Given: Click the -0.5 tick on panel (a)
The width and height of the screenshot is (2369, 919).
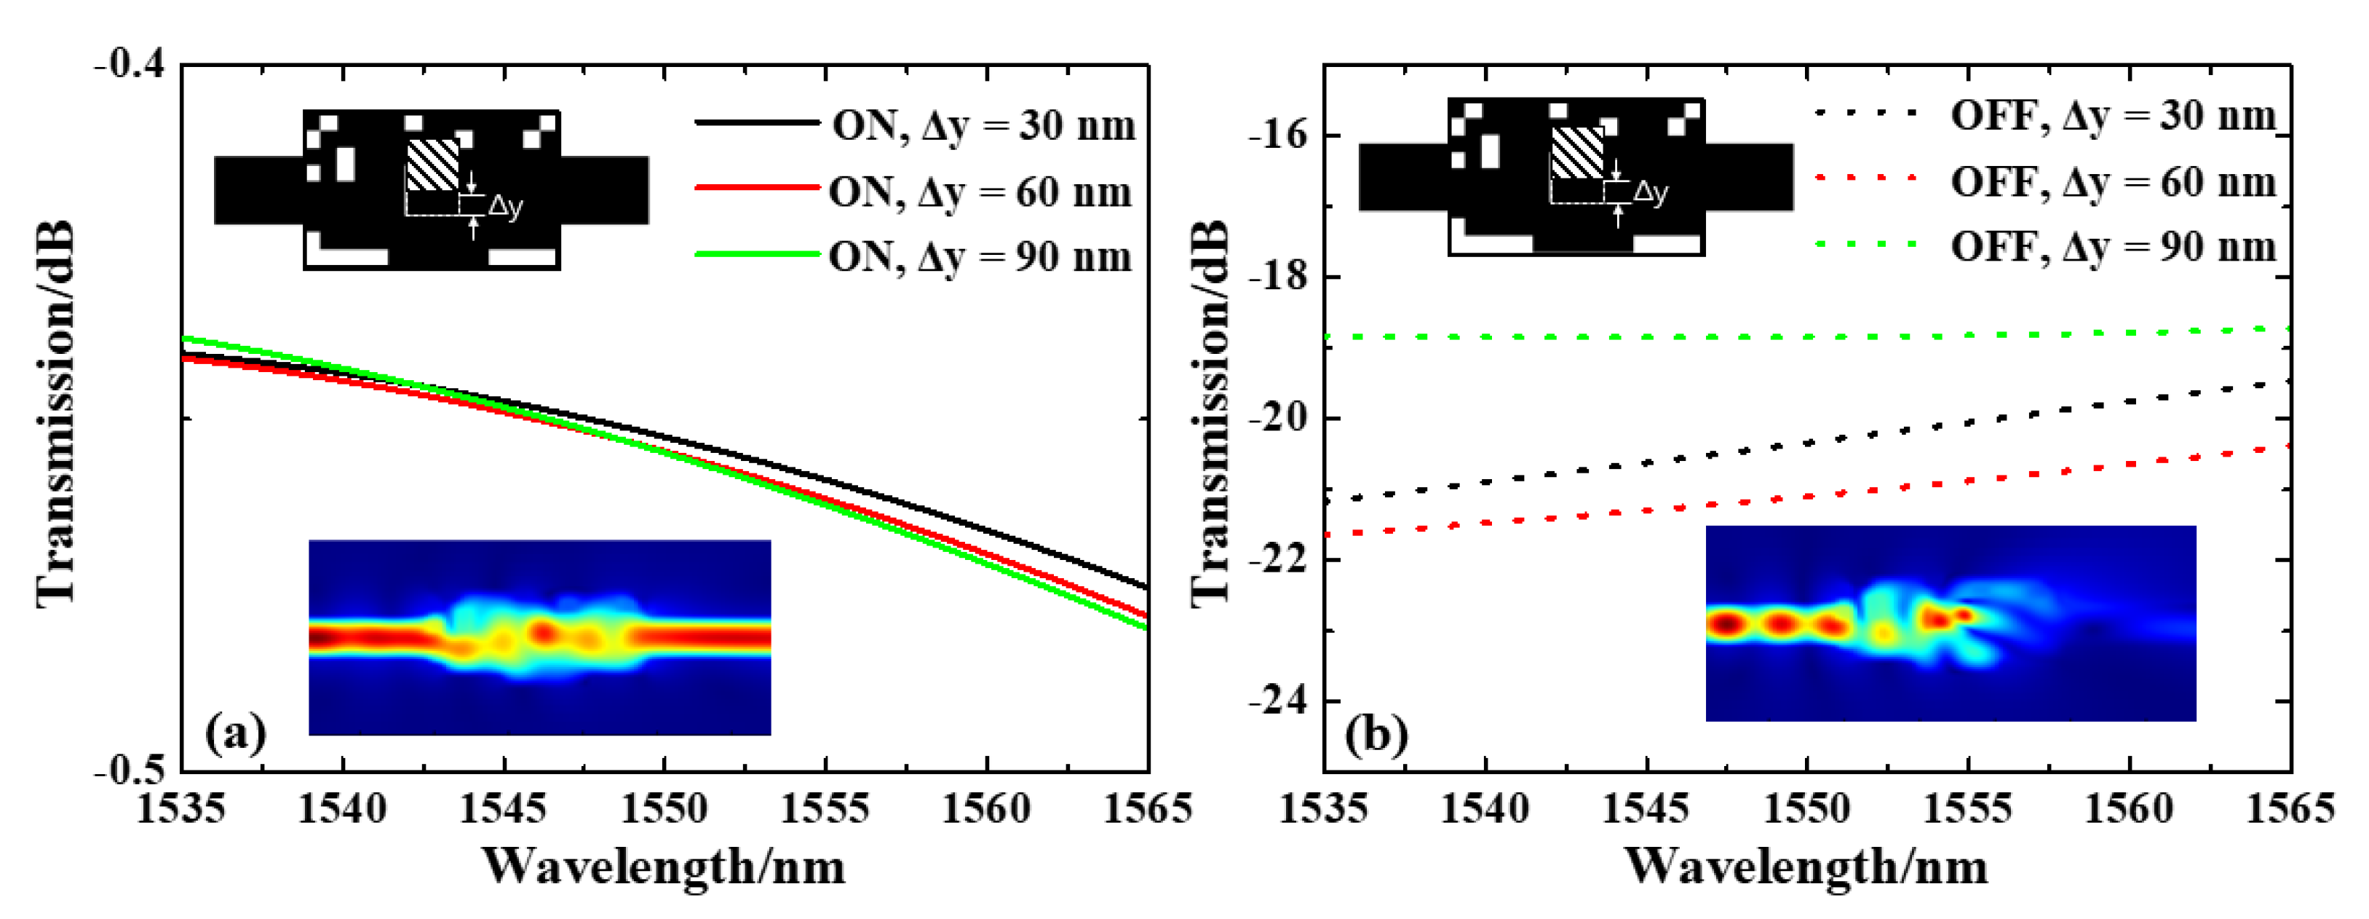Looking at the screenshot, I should [132, 769].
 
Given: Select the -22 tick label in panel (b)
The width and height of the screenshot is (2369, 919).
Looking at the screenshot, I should [1278, 559].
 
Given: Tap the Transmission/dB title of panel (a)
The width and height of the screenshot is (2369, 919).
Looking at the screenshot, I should [55, 414].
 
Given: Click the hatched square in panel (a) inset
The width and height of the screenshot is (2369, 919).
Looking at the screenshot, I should [432, 165].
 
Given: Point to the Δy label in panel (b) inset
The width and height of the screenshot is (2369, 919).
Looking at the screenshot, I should [1650, 192].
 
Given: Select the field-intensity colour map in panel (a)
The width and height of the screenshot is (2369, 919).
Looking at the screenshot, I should [540, 636].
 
